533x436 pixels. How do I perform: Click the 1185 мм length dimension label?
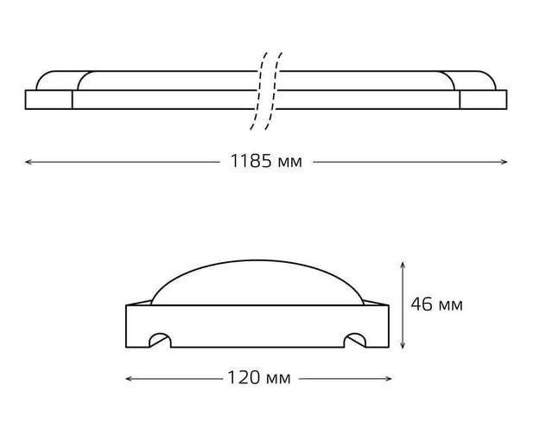(266, 161)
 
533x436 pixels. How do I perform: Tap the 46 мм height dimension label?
(436, 304)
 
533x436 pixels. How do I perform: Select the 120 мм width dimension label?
(259, 378)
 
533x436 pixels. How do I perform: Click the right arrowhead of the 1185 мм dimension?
(504, 162)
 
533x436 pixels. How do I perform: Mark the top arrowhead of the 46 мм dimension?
(403, 265)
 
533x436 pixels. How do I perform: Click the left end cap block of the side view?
(49, 99)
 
